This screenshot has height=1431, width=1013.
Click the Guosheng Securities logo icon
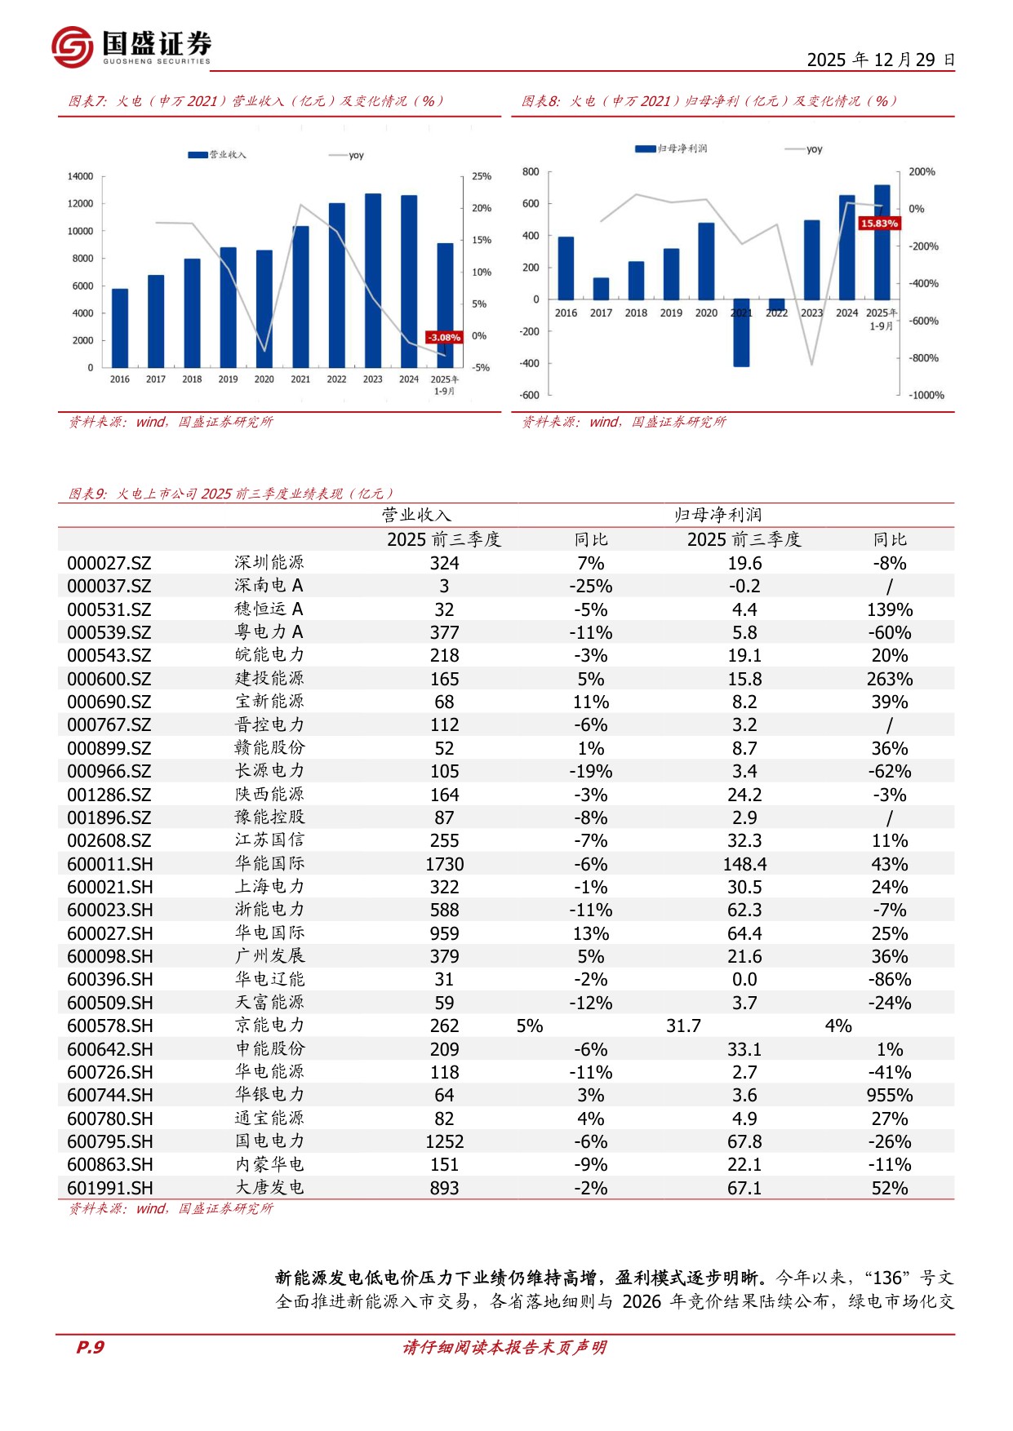72,47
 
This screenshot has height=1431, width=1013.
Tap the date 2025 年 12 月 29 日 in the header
881,60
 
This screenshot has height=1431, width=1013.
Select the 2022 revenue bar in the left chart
336,285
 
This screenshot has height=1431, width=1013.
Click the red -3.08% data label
445,337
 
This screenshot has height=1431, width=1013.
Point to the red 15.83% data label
879,223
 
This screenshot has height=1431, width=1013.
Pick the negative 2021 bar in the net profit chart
741,333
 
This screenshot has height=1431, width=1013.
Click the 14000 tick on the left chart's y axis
80,176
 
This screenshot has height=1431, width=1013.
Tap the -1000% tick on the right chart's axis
926,395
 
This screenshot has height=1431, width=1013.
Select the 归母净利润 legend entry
671,148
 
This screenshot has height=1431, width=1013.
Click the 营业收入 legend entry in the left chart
217,154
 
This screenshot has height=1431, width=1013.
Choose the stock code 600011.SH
109,864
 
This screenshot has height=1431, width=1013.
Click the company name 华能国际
269,863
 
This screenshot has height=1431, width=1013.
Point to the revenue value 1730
444,864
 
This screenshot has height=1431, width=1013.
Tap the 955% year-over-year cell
890,1095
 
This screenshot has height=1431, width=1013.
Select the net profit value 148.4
744,864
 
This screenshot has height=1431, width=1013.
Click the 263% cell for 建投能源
890,679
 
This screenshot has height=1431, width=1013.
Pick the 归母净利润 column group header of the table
718,515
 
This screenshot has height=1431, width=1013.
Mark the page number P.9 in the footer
90,1347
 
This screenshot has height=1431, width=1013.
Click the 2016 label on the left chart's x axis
120,379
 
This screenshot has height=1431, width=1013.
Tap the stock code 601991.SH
109,1188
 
